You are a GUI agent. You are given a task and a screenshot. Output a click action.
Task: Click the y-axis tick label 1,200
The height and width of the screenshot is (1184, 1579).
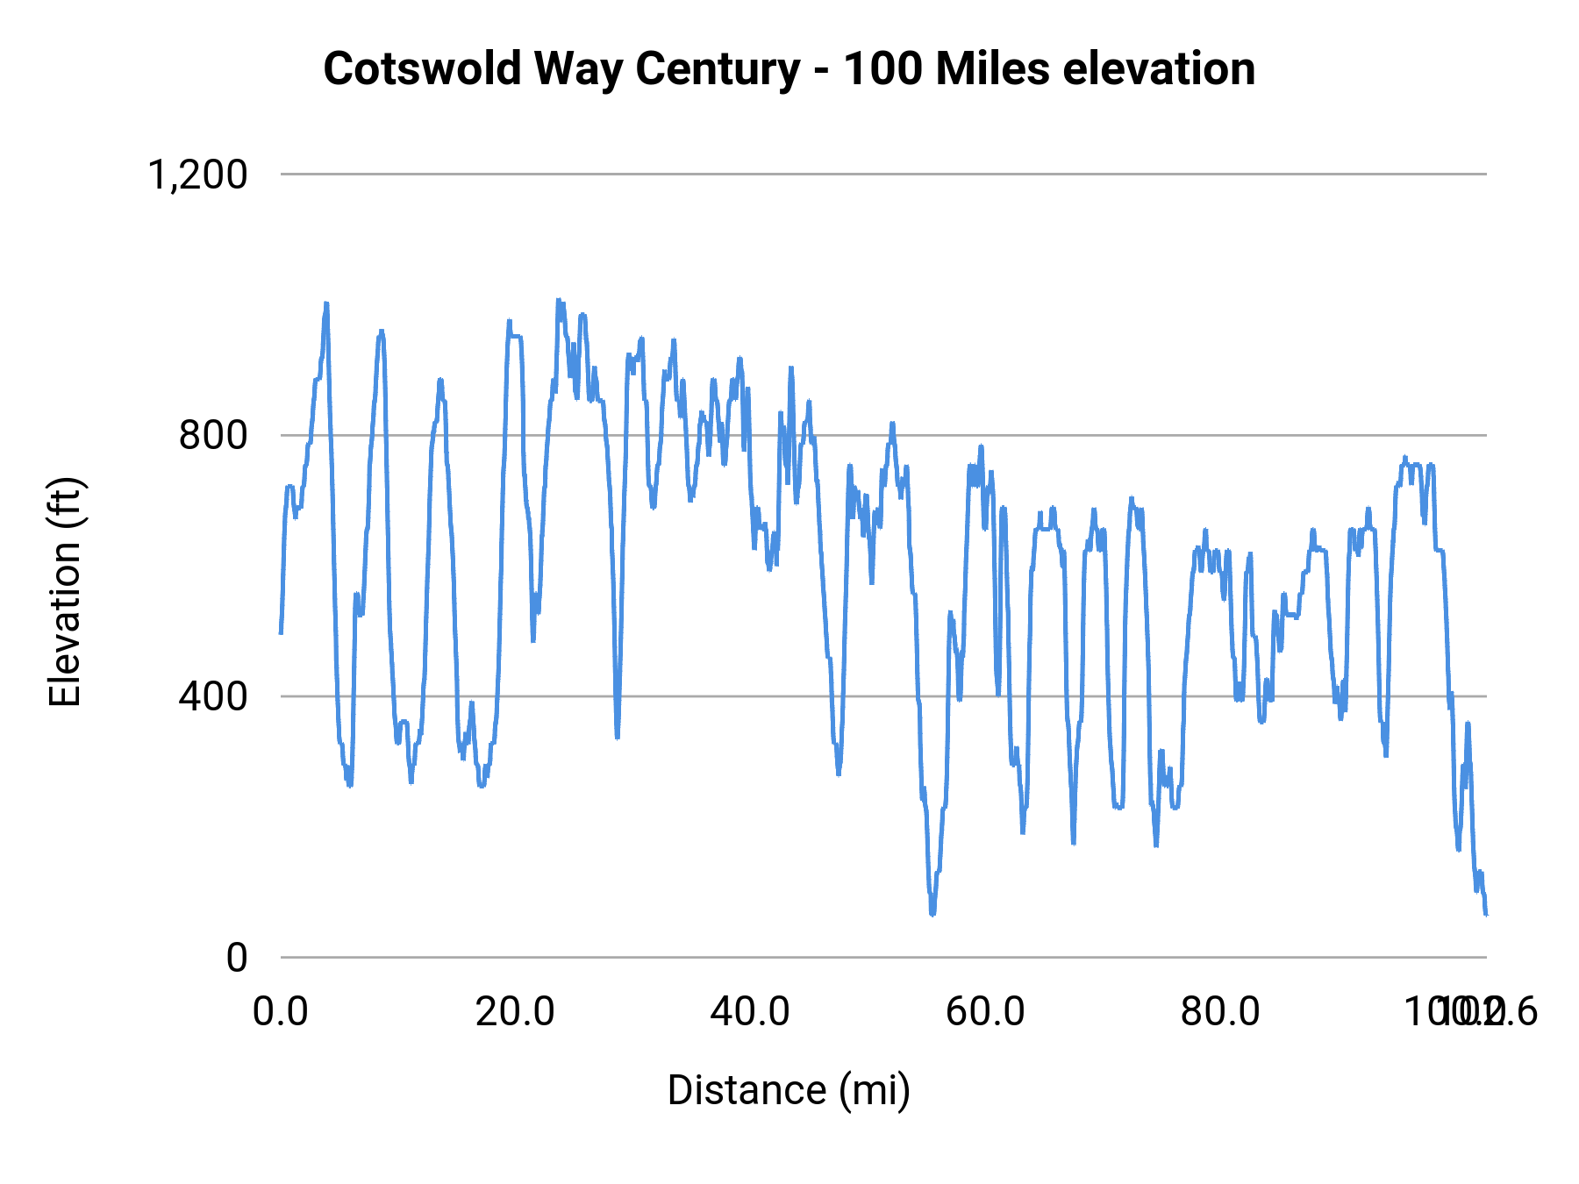click(197, 175)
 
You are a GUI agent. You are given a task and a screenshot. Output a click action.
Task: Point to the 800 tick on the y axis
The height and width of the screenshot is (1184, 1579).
click(213, 435)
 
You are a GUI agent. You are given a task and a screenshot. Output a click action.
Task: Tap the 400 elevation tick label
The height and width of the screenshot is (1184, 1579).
click(213, 696)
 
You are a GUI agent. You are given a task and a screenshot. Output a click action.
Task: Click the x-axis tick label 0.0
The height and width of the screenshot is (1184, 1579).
click(281, 1011)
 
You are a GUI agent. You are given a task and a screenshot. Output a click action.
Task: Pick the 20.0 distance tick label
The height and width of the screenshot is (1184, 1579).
click(515, 1011)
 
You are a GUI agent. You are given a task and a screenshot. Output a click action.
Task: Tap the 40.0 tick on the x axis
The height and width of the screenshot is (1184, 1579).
click(750, 1011)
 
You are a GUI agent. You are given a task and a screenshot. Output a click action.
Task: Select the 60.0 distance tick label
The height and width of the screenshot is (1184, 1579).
click(985, 1011)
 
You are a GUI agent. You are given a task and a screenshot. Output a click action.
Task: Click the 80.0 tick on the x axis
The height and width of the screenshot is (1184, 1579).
click(1220, 1011)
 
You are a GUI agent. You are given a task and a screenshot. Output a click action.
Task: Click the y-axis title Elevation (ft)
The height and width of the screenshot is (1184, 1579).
click(65, 592)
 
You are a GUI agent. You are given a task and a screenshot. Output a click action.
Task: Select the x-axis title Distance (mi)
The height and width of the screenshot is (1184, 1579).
click(789, 1090)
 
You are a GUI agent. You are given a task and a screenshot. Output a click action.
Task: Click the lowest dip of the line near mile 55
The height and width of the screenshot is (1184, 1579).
click(932, 913)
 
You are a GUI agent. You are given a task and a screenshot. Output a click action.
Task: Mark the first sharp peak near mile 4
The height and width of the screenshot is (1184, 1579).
click(326, 304)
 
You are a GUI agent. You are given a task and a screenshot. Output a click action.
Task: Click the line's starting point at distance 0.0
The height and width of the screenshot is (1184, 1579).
click(281, 632)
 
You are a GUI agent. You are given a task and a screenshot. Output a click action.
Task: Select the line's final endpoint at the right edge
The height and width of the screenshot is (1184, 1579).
click(1486, 915)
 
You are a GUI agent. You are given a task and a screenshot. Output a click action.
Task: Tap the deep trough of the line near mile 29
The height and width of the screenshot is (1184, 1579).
click(618, 737)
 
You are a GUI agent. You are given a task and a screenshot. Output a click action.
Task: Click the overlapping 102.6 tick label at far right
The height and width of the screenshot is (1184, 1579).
click(1496, 1011)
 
